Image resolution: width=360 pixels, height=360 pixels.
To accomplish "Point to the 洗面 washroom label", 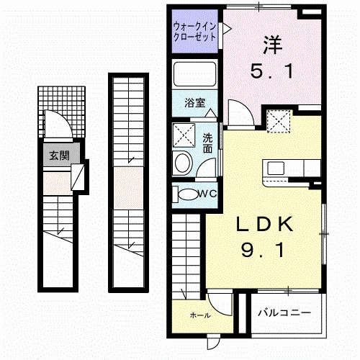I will pos(207,143).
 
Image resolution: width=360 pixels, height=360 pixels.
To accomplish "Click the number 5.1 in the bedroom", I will pos(271,72).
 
